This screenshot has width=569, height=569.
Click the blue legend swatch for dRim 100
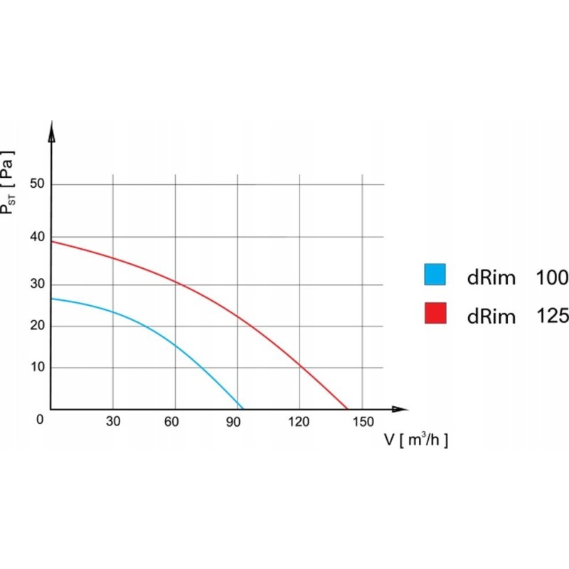[x=435, y=275]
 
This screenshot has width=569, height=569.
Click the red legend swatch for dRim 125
[x=435, y=313]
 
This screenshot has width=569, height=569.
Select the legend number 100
[x=552, y=277]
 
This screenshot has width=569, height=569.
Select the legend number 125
[x=552, y=316]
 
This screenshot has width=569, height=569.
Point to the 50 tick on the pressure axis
[x=37, y=184]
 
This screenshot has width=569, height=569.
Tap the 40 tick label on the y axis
[x=37, y=237]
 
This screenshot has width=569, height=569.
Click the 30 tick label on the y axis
[x=37, y=284]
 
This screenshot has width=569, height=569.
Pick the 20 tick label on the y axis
[x=37, y=326]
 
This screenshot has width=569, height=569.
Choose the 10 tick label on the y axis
[x=37, y=367]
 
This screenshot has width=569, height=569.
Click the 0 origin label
[x=41, y=419]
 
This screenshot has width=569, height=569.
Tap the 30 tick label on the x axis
[x=113, y=421]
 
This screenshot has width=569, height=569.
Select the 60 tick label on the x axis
[x=171, y=421]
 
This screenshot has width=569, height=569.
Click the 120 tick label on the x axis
[x=299, y=421]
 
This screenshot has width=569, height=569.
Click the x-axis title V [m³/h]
[x=416, y=440]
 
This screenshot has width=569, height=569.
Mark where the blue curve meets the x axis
[x=243, y=409]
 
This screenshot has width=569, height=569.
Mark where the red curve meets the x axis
[x=348, y=409]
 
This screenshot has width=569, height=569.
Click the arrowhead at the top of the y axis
[x=51, y=129]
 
